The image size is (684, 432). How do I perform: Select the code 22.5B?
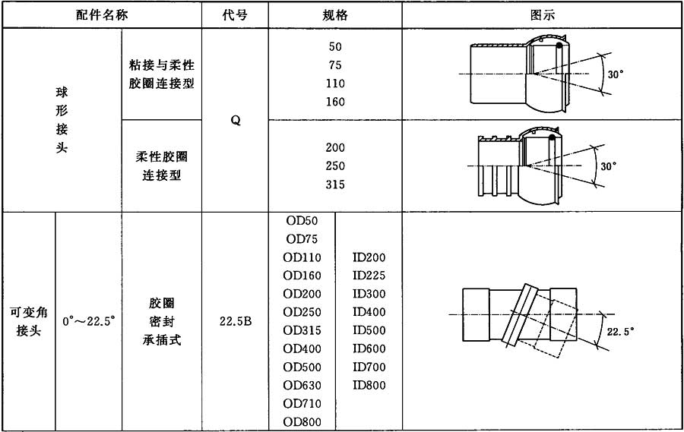point(236,321)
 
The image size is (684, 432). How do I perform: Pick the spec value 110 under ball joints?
point(335,84)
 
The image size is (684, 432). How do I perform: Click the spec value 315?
point(335,184)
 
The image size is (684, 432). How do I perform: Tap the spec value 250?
point(335,166)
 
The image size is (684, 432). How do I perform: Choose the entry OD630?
point(302,385)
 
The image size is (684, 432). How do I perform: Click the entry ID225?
point(369,276)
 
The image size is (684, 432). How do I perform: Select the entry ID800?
point(369,385)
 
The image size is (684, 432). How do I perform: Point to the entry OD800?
point(302,421)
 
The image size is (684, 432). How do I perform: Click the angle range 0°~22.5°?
point(88,321)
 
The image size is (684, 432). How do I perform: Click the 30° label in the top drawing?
point(613,74)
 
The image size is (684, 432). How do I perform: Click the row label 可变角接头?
point(28,321)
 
